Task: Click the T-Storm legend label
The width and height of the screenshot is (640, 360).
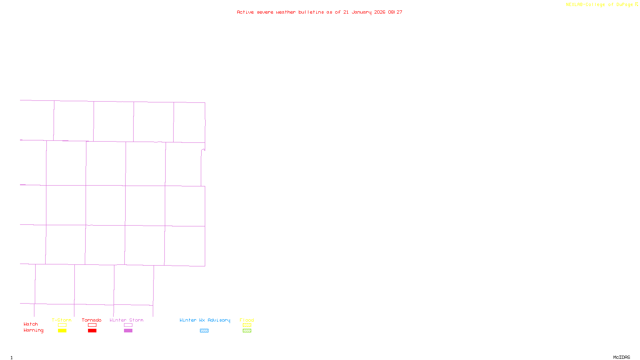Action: (x=62, y=320)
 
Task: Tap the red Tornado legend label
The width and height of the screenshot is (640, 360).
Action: (x=92, y=320)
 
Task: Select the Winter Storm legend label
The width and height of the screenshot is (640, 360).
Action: (x=126, y=320)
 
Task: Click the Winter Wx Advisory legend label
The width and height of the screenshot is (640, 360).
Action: (x=205, y=320)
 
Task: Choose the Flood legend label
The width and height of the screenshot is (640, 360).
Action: (x=247, y=320)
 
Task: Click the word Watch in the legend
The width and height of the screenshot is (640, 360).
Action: (x=31, y=324)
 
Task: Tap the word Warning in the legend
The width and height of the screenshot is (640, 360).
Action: (x=33, y=330)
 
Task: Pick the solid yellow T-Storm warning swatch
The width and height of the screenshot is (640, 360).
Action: (x=62, y=331)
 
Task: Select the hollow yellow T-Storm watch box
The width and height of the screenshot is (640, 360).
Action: (x=62, y=325)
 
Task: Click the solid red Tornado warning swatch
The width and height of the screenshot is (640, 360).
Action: (x=92, y=331)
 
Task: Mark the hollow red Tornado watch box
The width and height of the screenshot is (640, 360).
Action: (x=92, y=325)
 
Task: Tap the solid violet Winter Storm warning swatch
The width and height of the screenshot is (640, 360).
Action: (x=128, y=331)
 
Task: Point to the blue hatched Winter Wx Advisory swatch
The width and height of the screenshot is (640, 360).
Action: (x=204, y=331)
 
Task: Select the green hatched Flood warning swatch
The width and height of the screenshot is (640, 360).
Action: (x=247, y=331)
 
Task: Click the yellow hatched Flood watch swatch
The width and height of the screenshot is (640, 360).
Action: (x=247, y=325)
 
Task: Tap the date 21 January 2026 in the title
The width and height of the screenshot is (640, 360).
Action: (x=364, y=12)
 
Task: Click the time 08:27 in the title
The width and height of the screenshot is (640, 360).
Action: (x=395, y=12)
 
